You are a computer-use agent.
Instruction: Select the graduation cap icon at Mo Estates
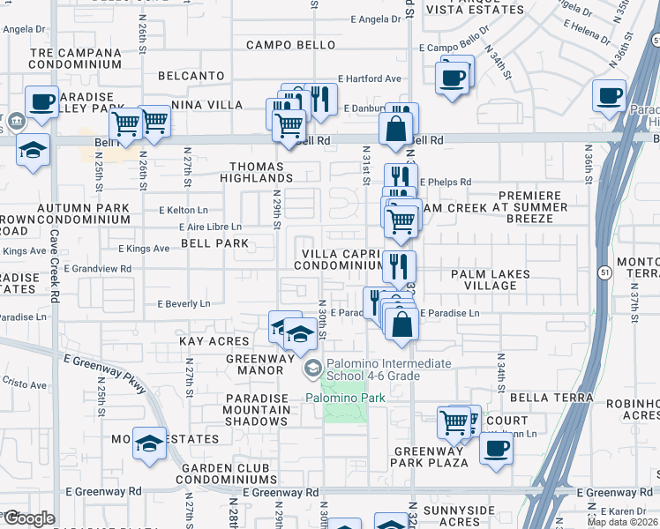coord(149,442)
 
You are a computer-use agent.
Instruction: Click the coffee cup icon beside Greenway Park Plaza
coord(496,448)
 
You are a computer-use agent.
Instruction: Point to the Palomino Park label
coord(346,399)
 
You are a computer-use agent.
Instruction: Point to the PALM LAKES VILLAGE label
coord(491,280)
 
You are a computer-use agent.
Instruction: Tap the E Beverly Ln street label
coord(184,304)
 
